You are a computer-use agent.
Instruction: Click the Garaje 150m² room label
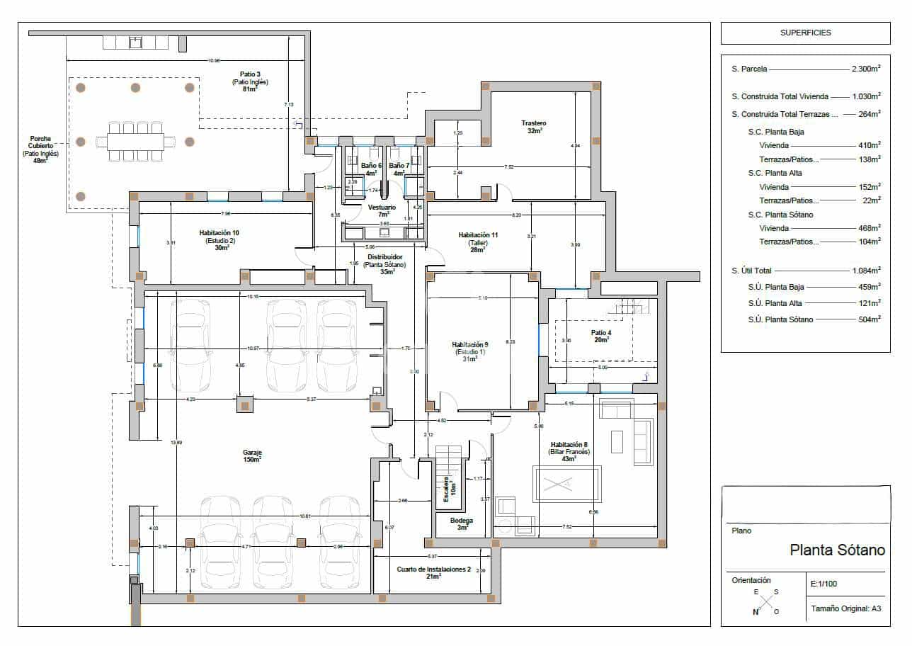[x=251, y=455]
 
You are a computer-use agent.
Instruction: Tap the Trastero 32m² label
[x=535, y=127]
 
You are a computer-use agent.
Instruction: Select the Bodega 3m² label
[x=462, y=523]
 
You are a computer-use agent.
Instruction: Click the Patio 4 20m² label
[x=601, y=336]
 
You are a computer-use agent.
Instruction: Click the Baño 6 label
[x=371, y=169]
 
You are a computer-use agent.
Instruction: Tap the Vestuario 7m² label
[x=382, y=210]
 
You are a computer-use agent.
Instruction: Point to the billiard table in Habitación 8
[x=566, y=484]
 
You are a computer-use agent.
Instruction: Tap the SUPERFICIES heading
[x=805, y=33]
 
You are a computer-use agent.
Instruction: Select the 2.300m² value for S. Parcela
[x=865, y=69]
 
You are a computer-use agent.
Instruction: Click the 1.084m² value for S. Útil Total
[x=865, y=271]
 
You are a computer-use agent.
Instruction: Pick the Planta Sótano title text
[x=837, y=550]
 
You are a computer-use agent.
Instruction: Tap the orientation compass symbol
[x=765, y=603]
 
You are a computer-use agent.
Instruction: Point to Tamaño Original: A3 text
[x=845, y=608]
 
